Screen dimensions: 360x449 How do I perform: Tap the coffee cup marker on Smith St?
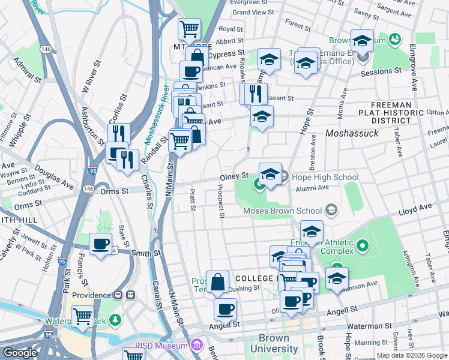pyautogui.click(x=101, y=244)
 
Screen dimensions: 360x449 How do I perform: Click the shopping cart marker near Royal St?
pyautogui.click(x=190, y=28)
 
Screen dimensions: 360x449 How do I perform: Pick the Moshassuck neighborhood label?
pyautogui.click(x=352, y=133)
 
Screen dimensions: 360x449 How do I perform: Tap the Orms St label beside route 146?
pyautogui.click(x=114, y=191)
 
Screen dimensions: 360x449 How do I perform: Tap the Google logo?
pyautogui.click(x=19, y=353)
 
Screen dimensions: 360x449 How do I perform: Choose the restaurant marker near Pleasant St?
pyautogui.click(x=254, y=94)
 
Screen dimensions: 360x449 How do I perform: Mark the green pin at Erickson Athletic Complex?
pyautogui.click(x=363, y=245)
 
